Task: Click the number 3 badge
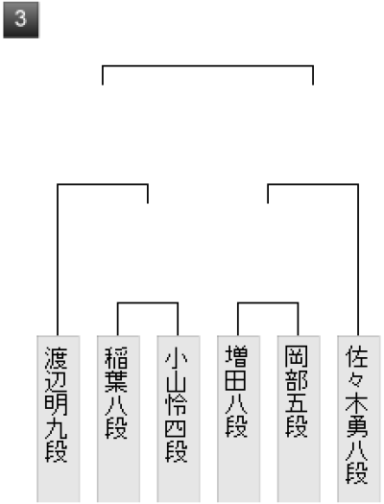(21, 20)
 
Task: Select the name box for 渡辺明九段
(59, 420)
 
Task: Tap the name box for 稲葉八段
(118, 420)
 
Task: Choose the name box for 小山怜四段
(179, 420)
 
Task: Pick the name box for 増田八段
(238, 420)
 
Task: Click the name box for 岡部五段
(299, 420)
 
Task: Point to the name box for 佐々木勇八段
(359, 420)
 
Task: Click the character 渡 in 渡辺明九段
(56, 357)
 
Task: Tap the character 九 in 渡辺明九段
(56, 427)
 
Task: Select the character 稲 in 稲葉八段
(116, 357)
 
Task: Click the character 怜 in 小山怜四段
(176, 404)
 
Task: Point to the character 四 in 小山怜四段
(176, 427)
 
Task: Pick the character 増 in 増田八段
(236, 357)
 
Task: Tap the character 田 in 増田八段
(236, 380)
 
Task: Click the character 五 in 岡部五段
(297, 404)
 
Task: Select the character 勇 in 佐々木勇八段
(356, 427)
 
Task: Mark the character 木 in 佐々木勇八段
(356, 404)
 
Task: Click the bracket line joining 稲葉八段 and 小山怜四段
(148, 302)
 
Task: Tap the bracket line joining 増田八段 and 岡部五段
(268, 302)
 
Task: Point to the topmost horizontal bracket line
(208, 66)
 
